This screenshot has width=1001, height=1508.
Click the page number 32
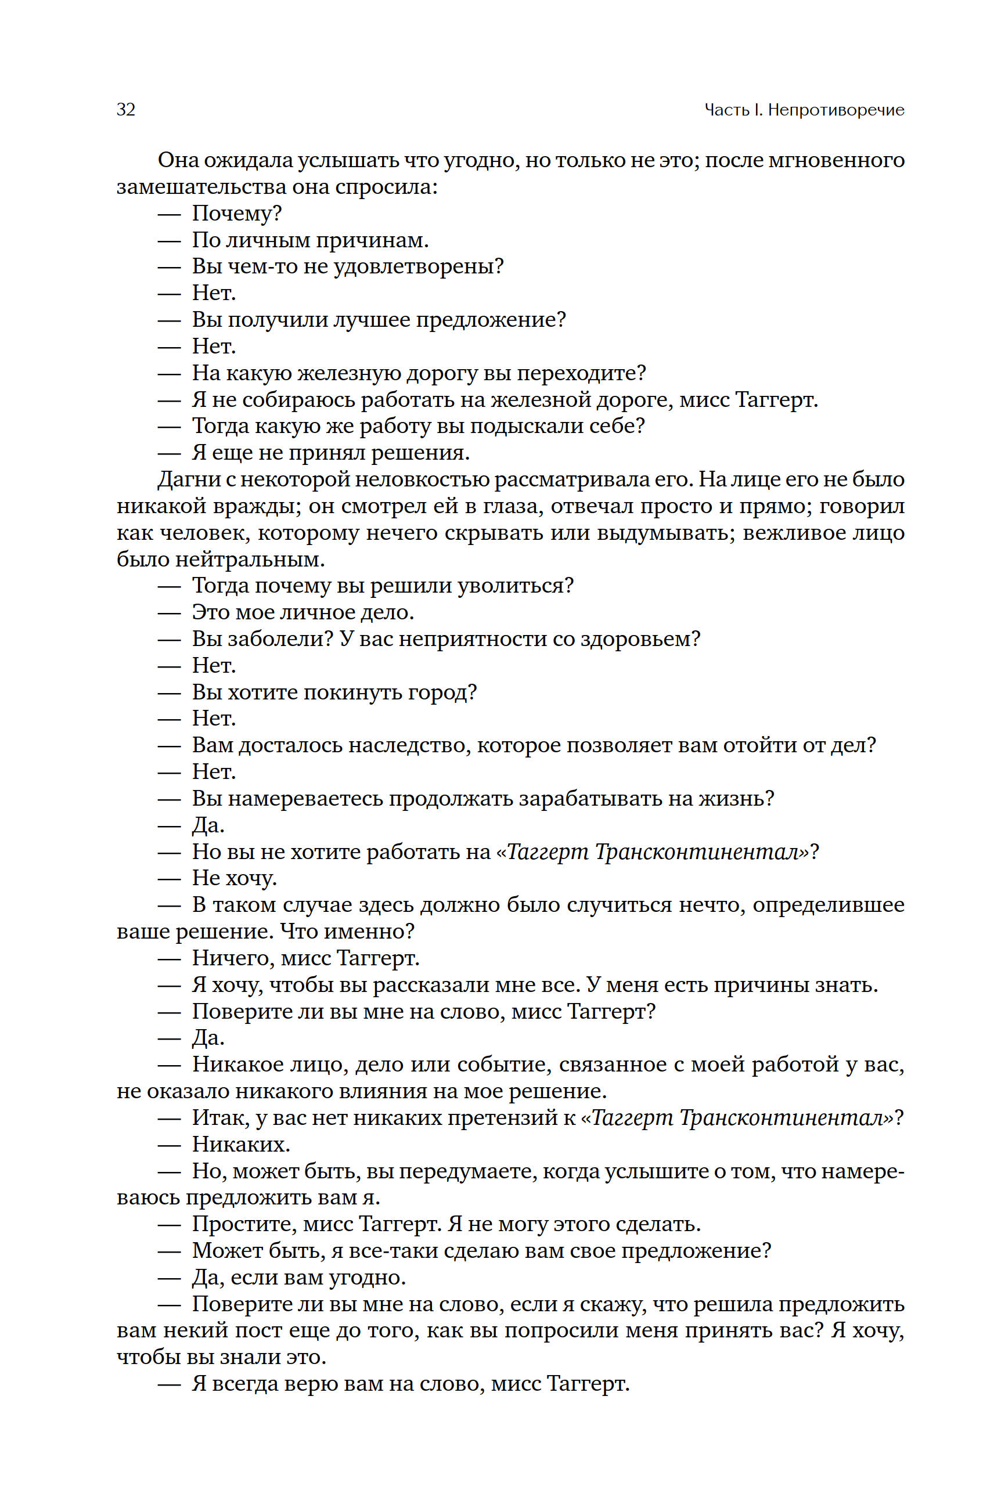[126, 110]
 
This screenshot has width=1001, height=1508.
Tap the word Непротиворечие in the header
[836, 110]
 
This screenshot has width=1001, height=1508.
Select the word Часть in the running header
[726, 110]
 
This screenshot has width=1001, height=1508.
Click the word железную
[348, 373]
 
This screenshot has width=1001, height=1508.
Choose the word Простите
[244, 1224]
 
